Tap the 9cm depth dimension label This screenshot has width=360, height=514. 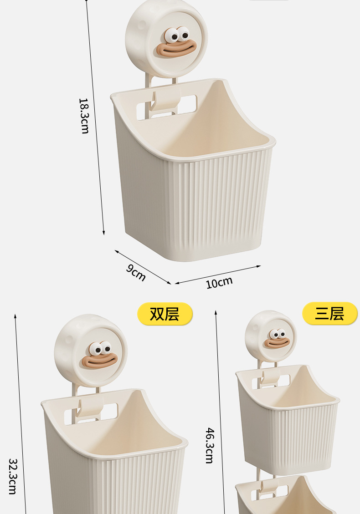tap(136, 273)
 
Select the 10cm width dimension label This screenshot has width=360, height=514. tap(219, 282)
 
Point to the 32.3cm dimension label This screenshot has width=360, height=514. tap(13, 476)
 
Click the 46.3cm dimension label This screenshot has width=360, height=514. tap(210, 445)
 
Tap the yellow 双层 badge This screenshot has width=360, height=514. tap(165, 314)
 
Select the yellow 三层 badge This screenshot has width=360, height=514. tap(329, 314)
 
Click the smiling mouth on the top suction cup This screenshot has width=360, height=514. tap(176, 49)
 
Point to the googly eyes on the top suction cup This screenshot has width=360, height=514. tap(178, 34)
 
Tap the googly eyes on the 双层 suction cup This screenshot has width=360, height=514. tap(102, 349)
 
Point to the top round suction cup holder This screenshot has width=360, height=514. tap(166, 38)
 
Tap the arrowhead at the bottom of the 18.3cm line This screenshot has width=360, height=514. tap(104, 233)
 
